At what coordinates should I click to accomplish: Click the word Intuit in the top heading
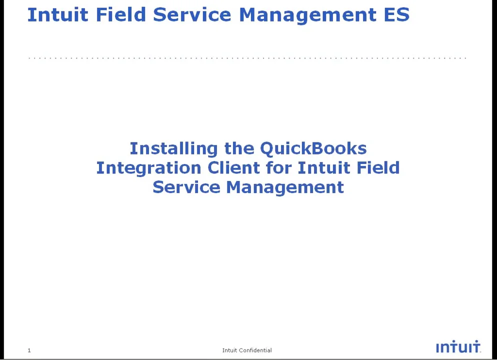pyautogui.click(x=57, y=14)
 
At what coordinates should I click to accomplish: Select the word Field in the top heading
pyautogui.click(x=120, y=14)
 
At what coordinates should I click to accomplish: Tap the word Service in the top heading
pyautogui.click(x=192, y=14)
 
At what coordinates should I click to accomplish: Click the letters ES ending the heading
pyautogui.click(x=396, y=14)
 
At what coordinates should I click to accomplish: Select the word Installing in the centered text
pyautogui.click(x=174, y=148)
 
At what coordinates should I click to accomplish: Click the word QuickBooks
pyautogui.click(x=313, y=148)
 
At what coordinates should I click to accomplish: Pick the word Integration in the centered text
pyautogui.click(x=148, y=168)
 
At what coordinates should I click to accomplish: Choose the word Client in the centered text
pyautogui.click(x=234, y=167)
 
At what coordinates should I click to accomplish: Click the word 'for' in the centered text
pyautogui.click(x=278, y=167)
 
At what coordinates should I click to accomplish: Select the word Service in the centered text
pyautogui.click(x=186, y=187)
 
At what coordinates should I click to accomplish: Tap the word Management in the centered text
pyautogui.click(x=285, y=187)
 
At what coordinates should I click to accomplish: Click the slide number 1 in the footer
pyautogui.click(x=29, y=350)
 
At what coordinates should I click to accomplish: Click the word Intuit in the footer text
pyautogui.click(x=229, y=350)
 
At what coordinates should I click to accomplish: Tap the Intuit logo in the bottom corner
pyautogui.click(x=457, y=347)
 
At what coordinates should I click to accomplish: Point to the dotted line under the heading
pyautogui.click(x=247, y=58)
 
